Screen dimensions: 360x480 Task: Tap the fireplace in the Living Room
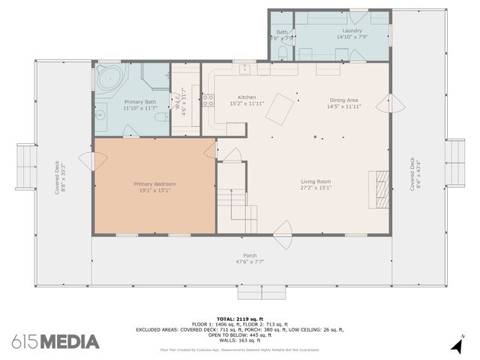point(380,186)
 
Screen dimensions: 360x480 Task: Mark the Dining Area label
point(343,100)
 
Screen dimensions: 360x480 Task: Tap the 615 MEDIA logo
point(55,342)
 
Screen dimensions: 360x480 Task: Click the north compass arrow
point(456,345)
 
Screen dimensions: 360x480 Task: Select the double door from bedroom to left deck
point(90,160)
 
